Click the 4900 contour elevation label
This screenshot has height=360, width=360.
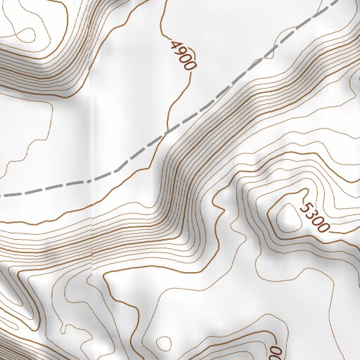182,55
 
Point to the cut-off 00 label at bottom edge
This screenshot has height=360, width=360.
276,352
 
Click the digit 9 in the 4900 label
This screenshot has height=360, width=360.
179,51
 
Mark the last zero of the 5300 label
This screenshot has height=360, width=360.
323,226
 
